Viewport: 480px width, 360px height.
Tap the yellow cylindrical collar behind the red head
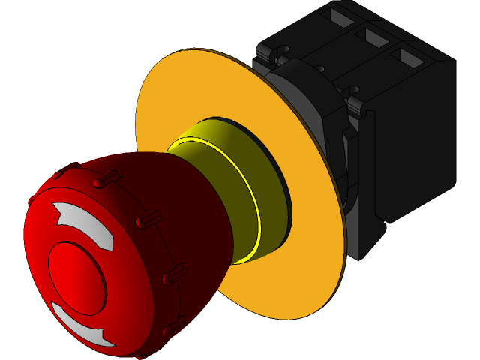click(x=232, y=187)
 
